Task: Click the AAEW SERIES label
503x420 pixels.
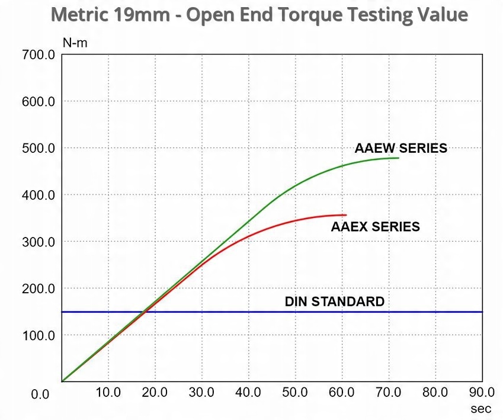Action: tap(401, 148)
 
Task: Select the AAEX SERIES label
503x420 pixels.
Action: tap(375, 226)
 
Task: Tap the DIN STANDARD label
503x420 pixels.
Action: tap(334, 302)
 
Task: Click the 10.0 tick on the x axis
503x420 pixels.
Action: tap(108, 392)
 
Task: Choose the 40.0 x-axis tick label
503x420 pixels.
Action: tap(248, 392)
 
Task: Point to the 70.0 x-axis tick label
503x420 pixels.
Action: tap(389, 392)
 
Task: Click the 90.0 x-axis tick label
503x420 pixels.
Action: tap(482, 392)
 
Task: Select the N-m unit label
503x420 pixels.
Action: tap(75, 43)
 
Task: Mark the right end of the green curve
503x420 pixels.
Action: tap(398, 158)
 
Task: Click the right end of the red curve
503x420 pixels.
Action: tap(346, 215)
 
